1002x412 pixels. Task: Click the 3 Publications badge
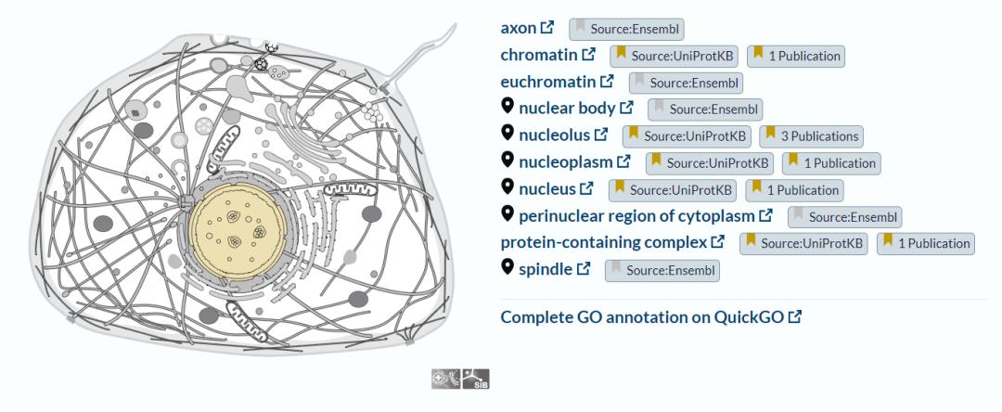point(812,136)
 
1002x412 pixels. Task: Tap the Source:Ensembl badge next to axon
point(627,29)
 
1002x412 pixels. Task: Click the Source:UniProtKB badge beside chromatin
point(674,56)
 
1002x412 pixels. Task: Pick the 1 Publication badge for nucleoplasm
point(831,163)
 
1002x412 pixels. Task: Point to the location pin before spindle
point(507,267)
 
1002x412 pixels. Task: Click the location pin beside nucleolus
point(507,133)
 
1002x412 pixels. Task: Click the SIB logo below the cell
point(475,379)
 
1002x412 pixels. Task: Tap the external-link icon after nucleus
point(586,188)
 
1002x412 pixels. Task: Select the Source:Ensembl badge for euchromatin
point(687,83)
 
